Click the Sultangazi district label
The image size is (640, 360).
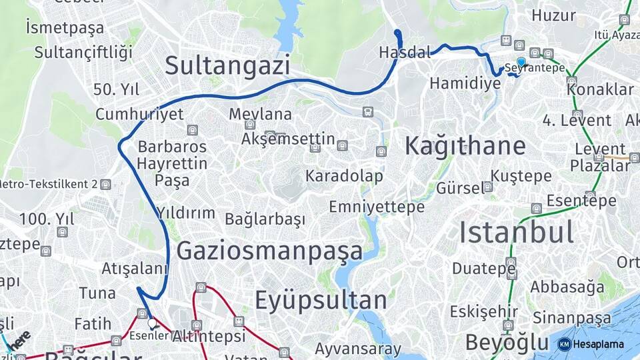point(227,66)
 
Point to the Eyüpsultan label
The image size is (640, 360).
point(321,301)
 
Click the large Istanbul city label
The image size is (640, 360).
point(516,233)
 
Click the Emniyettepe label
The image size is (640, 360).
point(376,207)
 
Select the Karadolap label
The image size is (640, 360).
point(344,176)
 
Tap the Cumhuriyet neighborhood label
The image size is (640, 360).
point(139,114)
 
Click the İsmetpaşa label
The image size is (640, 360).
point(65,28)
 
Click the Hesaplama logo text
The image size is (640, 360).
point(598,344)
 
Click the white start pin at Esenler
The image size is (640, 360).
point(153,323)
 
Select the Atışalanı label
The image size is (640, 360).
point(135,269)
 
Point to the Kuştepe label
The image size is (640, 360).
point(521,176)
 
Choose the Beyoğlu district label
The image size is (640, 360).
point(507,343)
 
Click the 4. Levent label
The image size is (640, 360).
point(577,121)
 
